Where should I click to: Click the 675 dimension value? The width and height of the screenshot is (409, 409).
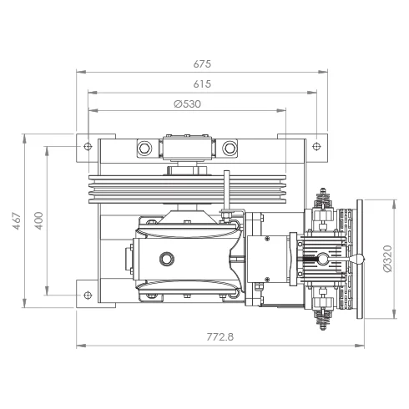[202, 64]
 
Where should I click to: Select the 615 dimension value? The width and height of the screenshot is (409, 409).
[202, 84]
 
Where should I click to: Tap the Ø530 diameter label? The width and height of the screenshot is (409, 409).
[187, 104]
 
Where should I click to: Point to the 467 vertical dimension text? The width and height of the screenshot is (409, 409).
[18, 221]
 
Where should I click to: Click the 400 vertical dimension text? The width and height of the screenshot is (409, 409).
[39, 221]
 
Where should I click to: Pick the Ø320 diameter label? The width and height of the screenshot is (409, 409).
[387, 259]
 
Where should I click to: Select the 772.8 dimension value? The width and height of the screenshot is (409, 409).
[220, 337]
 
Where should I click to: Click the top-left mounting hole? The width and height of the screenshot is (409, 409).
[88, 146]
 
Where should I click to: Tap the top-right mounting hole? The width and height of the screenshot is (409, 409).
[316, 146]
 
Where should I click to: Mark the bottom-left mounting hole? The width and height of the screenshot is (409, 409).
[88, 295]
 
